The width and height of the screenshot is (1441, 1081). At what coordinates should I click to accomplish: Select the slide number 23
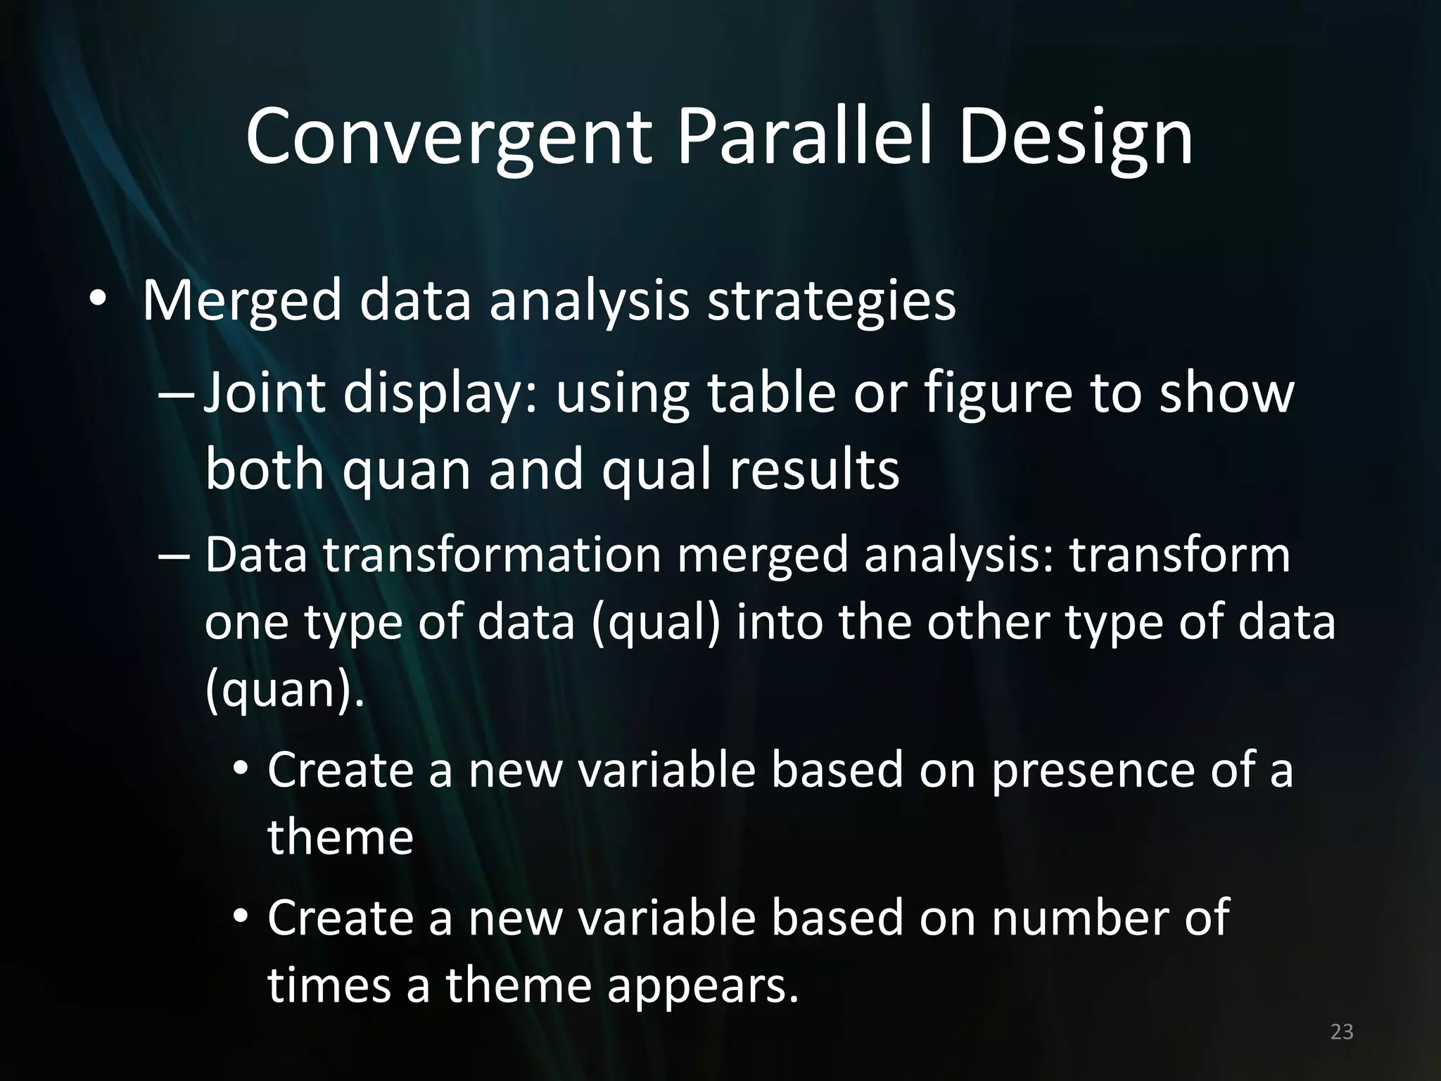coord(1342,1032)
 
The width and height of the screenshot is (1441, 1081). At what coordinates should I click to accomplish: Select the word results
coord(814,470)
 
